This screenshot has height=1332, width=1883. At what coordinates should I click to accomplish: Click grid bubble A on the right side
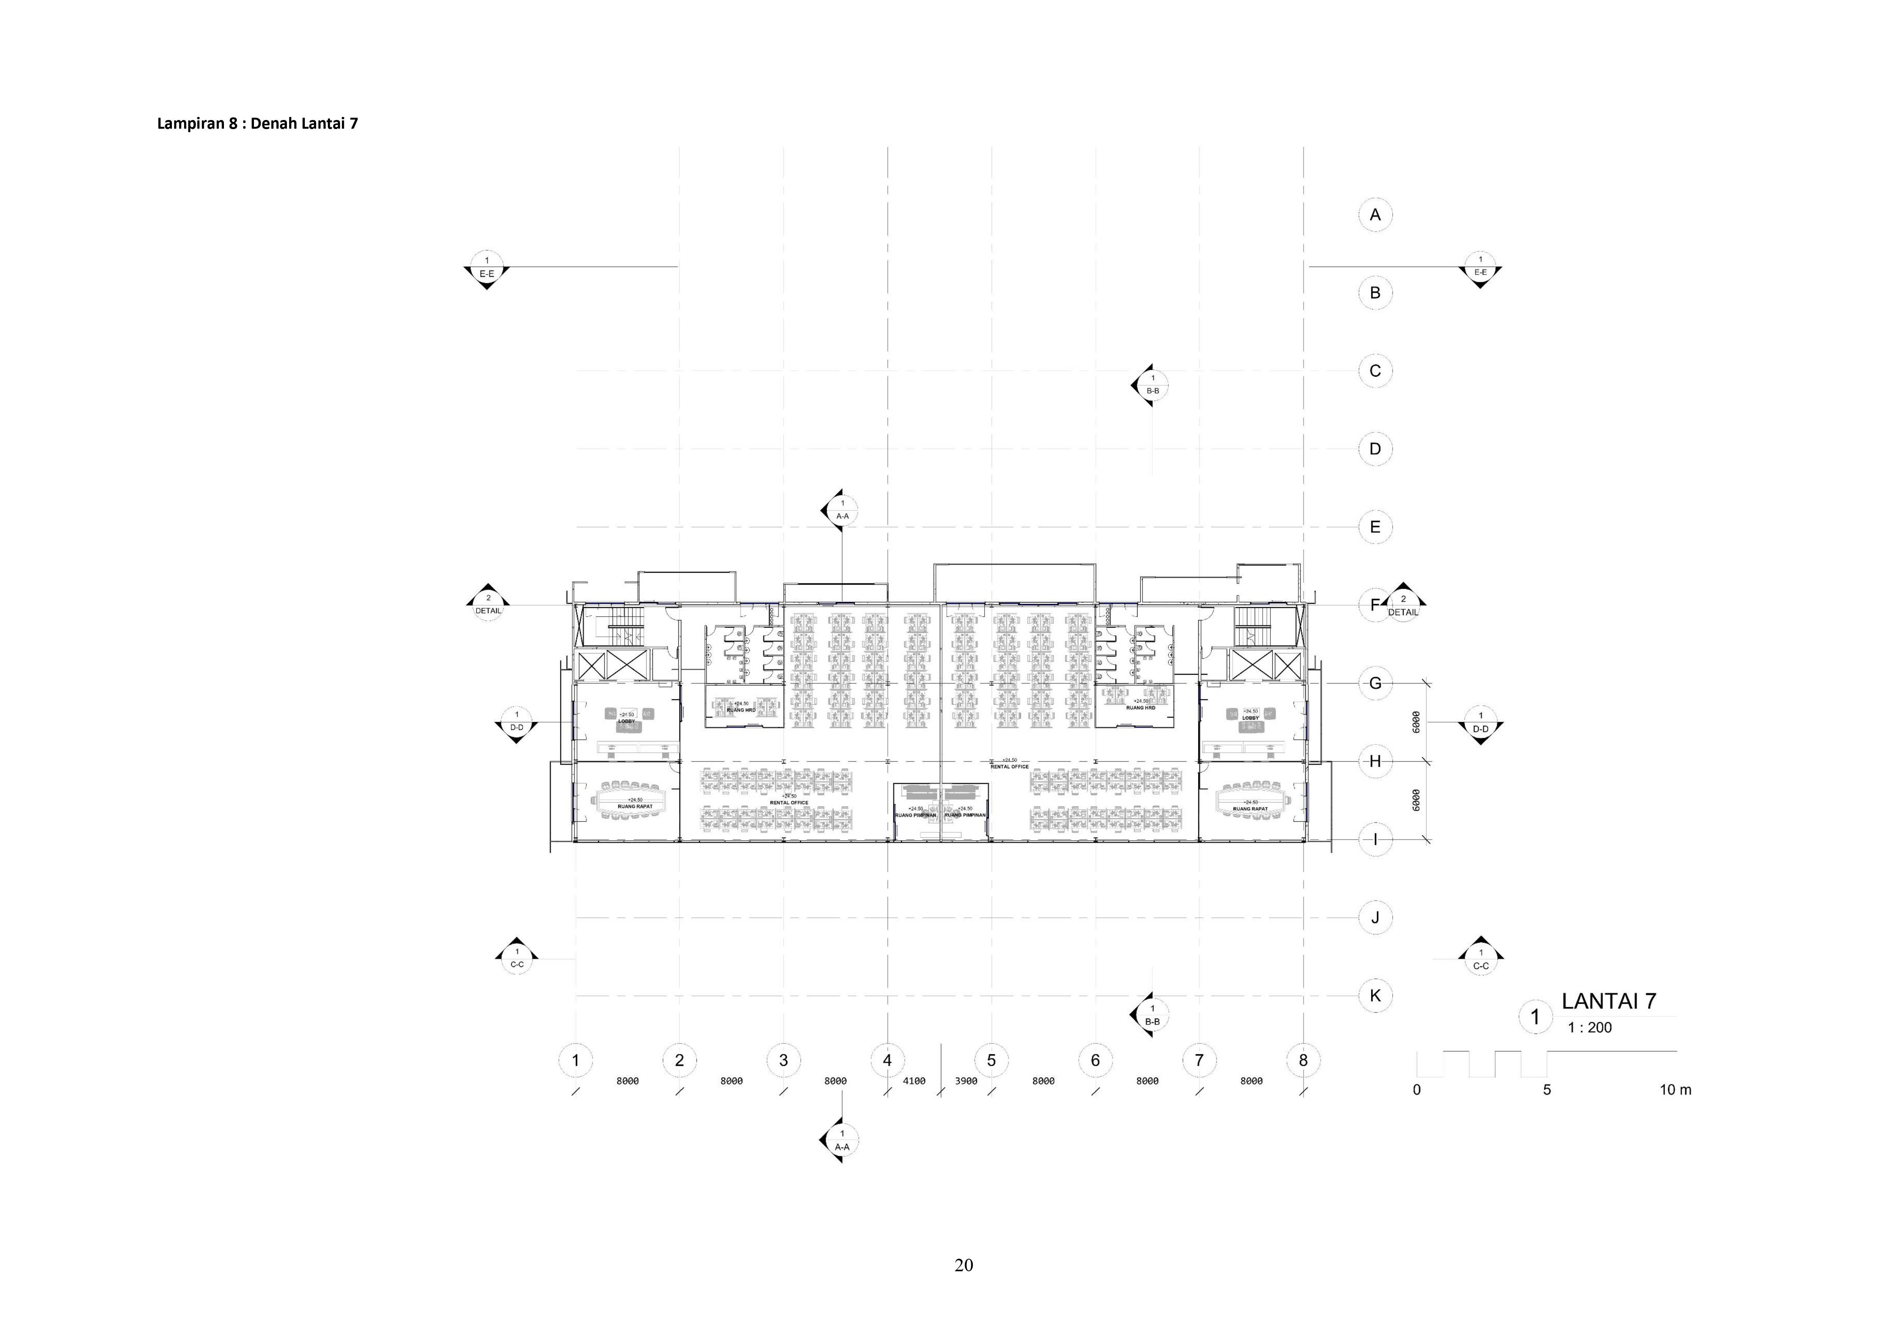point(1376,215)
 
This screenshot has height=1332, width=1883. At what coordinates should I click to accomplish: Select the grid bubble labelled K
point(1376,996)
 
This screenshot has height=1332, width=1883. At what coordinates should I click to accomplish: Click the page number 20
point(964,1265)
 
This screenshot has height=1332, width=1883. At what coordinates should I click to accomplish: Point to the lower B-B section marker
point(1152,1015)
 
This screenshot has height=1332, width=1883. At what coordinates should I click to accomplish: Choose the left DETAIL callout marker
point(488,604)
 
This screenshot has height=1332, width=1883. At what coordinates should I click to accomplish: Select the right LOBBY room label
point(1250,718)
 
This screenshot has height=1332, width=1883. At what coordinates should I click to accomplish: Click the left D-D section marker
point(517,722)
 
